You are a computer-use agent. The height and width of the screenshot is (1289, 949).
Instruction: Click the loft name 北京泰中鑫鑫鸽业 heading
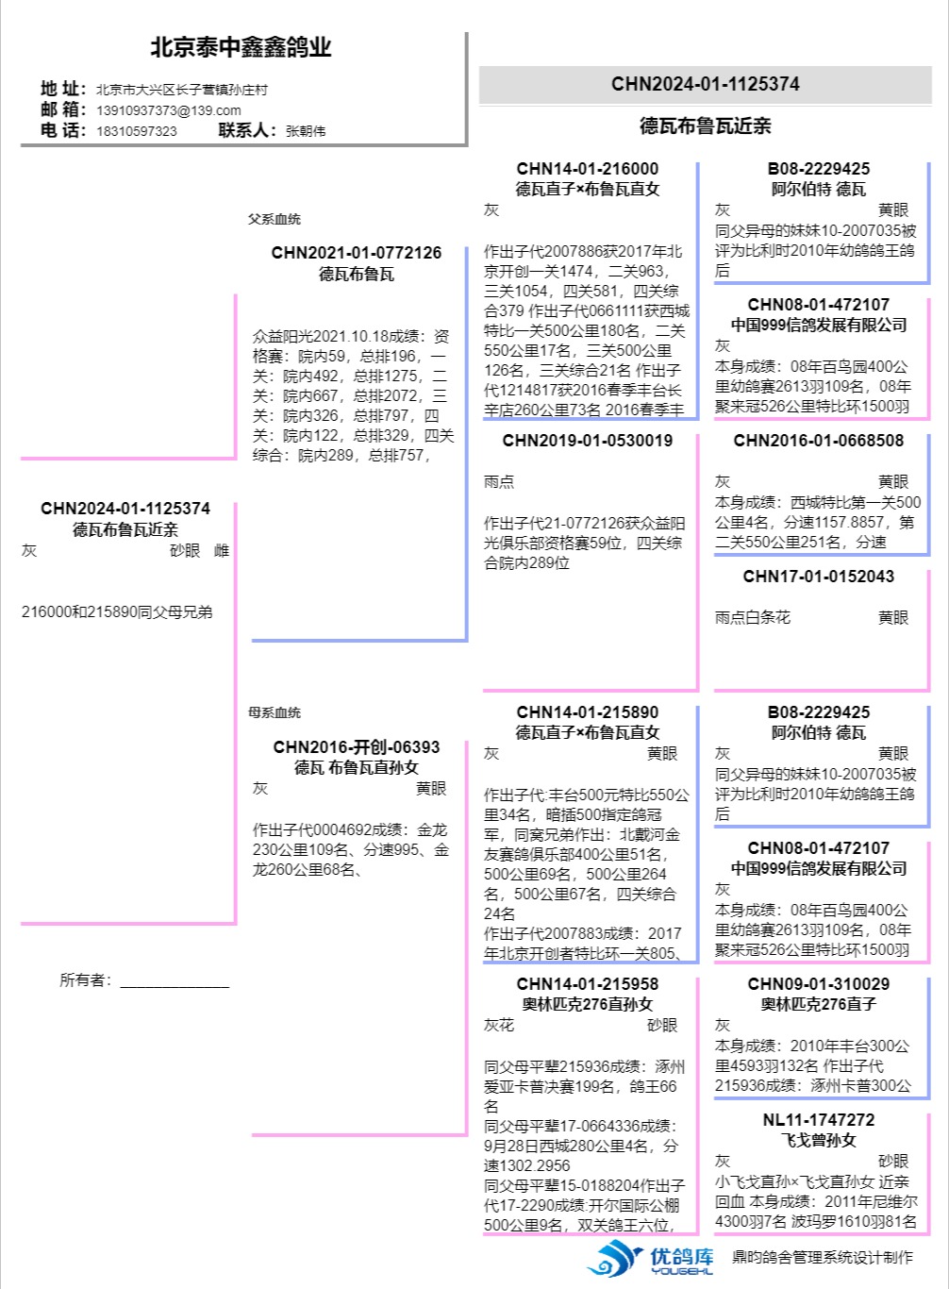241,47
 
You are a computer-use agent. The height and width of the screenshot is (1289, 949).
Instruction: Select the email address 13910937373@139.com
168,110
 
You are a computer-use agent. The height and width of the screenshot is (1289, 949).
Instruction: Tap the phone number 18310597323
137,131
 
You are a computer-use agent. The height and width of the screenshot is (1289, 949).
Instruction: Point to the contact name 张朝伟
306,131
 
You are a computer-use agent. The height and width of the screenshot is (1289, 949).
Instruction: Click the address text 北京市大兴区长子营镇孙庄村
182,90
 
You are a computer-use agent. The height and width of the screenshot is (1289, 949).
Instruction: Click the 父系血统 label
275,219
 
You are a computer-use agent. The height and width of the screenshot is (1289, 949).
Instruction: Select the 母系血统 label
275,712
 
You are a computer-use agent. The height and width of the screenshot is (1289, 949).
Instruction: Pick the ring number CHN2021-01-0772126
357,253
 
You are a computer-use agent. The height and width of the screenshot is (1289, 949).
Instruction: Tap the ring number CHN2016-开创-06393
357,747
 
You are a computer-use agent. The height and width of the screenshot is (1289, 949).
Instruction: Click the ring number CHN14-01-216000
588,169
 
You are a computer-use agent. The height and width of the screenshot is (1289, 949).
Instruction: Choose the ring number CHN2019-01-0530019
588,441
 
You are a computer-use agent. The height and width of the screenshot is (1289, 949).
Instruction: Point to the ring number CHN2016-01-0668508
819,441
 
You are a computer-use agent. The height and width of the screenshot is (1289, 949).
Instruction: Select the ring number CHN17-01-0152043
819,577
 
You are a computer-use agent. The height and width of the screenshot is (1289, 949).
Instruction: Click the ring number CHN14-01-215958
588,984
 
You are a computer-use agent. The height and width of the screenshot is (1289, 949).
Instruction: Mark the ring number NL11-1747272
819,1120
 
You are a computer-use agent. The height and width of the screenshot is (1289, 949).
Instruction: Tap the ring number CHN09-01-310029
819,984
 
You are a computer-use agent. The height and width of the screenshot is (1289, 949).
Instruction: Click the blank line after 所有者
175,981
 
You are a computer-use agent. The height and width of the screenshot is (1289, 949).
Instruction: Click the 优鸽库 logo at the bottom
651,1258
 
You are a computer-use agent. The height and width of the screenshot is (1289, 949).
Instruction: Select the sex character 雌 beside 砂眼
222,551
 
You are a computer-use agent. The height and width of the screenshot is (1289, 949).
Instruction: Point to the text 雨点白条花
753,618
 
